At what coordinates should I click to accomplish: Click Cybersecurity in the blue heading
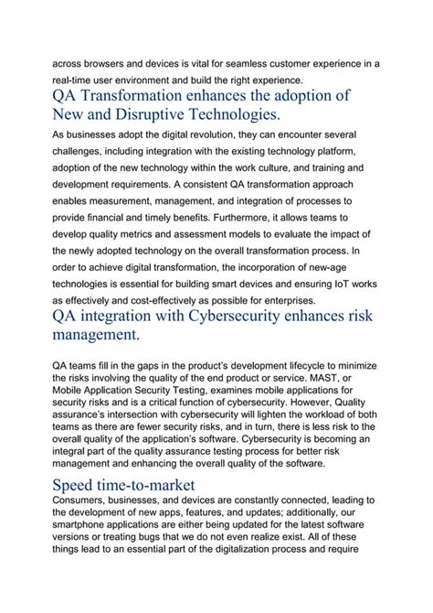click(x=259, y=317)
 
